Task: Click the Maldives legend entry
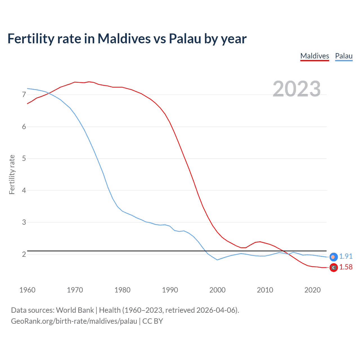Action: click(314, 56)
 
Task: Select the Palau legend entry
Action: click(344, 56)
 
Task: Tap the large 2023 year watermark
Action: click(296, 89)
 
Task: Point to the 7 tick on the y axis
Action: click(24, 95)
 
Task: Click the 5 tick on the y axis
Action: click(24, 158)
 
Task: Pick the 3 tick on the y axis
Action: click(24, 222)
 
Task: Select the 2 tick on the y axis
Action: click(24, 254)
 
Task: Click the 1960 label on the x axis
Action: click(27, 290)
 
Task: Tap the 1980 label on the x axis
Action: click(122, 290)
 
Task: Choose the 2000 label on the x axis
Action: click(217, 290)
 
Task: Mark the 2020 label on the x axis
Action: click(312, 290)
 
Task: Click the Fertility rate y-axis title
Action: click(12, 174)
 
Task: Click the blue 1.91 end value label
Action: click(346, 256)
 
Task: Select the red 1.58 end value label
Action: click(346, 267)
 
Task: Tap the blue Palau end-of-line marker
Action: click(333, 257)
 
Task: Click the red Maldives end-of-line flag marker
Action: click(333, 267)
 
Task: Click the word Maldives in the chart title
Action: click(124, 39)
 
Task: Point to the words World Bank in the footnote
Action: click(75, 310)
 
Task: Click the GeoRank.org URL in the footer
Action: click(74, 321)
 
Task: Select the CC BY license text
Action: click(153, 321)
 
